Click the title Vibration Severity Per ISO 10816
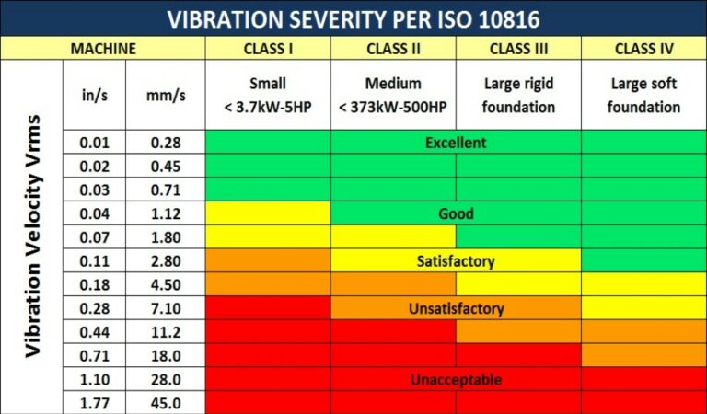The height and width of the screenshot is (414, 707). [353, 18]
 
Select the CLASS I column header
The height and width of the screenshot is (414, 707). [268, 48]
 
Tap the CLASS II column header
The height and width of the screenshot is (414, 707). [393, 48]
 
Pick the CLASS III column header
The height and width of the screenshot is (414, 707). [517, 48]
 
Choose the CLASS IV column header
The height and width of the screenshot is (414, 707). [643, 48]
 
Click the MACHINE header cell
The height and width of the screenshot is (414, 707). [103, 48]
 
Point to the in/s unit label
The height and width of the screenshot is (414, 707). [94, 95]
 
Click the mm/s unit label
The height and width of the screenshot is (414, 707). [165, 95]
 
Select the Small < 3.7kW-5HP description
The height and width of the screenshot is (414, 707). [268, 95]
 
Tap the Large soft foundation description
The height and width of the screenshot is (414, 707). [643, 95]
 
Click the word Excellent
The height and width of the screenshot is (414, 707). [456, 143]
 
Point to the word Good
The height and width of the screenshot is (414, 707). [456, 213]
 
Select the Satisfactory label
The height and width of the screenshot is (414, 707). [456, 261]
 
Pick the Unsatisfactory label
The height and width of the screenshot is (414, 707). [456, 309]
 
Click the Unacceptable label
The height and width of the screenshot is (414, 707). [456, 380]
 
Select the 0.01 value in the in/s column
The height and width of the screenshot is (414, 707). [94, 143]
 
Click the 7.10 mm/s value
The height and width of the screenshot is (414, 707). [165, 309]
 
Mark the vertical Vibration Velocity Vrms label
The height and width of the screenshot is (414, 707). [34, 236]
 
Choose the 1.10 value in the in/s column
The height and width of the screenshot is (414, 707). [94, 380]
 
